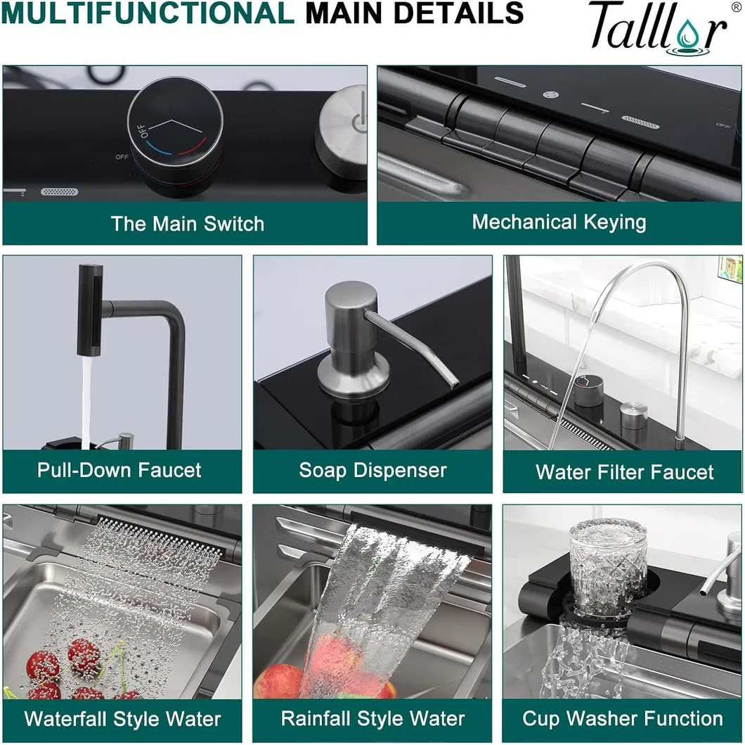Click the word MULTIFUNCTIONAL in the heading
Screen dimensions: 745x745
pyautogui.click(x=148, y=13)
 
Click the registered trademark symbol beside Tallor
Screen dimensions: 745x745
pyautogui.click(x=736, y=6)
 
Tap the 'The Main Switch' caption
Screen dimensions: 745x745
pyautogui.click(x=187, y=224)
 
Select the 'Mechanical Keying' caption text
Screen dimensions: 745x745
pyautogui.click(x=559, y=222)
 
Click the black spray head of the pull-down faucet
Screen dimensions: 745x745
pyautogui.click(x=90, y=310)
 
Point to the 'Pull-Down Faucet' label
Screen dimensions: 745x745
pyautogui.click(x=119, y=470)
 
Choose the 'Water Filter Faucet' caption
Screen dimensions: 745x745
pyautogui.click(x=624, y=472)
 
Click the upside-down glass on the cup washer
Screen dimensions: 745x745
pyautogui.click(x=607, y=566)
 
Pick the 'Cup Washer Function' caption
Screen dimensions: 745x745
pyautogui.click(x=623, y=718)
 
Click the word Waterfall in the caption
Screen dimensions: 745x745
pyautogui.click(x=65, y=718)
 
